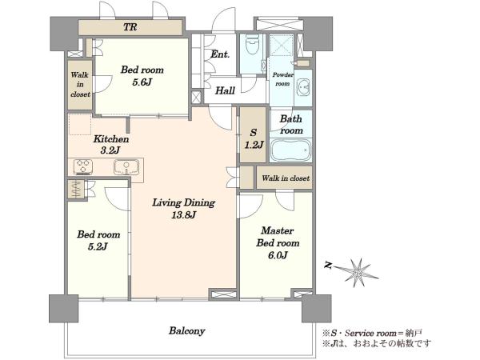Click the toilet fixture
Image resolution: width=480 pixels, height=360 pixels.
coord(253,45)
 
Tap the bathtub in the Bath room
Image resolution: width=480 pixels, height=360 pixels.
coord(291,150)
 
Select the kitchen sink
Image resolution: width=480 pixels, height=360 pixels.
coord(126,167)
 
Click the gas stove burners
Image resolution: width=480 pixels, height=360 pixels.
coord(83,167)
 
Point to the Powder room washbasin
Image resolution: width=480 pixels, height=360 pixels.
coord(304,86)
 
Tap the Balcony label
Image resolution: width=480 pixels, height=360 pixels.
coord(187,331)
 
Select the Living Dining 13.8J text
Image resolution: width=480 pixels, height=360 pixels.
coord(184,209)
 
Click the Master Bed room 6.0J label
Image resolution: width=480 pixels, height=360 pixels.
coord(278,242)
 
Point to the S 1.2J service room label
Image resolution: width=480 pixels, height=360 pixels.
coord(253,138)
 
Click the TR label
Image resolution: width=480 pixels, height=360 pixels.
coord(130,27)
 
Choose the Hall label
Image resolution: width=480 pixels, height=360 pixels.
coord(225,90)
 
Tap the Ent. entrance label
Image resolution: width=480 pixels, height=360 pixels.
coord(220,54)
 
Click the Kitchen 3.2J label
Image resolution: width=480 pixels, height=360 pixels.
coord(111,145)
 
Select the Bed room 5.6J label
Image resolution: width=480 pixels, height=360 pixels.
coord(142,76)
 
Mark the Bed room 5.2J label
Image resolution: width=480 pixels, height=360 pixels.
coord(98,241)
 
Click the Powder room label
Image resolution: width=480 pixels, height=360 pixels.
coord(282,79)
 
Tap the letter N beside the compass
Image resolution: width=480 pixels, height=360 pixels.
coord(328,266)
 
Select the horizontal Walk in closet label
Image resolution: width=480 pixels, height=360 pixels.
coord(286,178)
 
